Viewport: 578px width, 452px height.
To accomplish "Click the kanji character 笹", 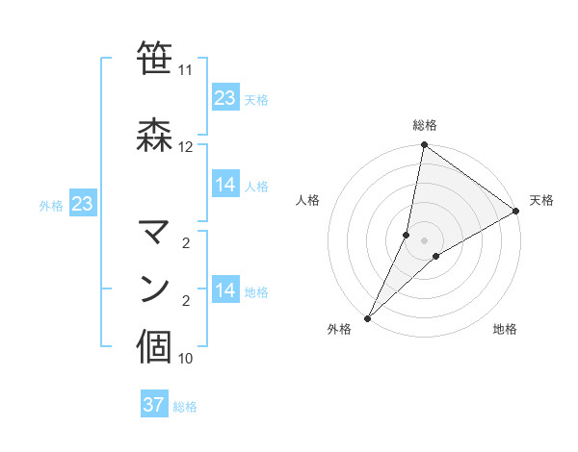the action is tap(156, 60).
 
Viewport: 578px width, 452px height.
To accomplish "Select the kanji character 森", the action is tap(156, 132).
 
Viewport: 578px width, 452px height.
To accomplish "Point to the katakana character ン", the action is tap(156, 289).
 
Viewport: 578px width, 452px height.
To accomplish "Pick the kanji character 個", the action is tap(156, 346).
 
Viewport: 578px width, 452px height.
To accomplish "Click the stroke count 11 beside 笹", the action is tap(185, 71).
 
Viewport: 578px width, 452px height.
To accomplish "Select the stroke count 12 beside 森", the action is tap(185, 147).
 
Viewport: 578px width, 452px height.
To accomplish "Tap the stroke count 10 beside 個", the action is tap(185, 359).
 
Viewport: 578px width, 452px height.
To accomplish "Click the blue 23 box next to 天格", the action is tap(225, 98).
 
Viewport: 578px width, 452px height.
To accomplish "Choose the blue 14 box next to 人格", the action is tap(225, 185).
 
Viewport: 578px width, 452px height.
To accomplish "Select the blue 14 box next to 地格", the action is tap(225, 290).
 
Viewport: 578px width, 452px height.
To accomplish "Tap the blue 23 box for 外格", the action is tap(82, 204).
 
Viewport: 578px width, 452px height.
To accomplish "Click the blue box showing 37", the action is tap(154, 405).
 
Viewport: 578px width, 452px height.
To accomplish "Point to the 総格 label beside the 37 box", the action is tap(185, 407).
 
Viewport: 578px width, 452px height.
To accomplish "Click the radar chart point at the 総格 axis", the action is tap(424, 145).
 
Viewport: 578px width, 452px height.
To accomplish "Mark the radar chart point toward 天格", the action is tap(516, 212).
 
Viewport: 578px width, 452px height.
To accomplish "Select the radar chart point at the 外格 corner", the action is tap(367, 318).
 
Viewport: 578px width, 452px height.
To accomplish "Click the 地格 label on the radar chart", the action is tap(505, 330).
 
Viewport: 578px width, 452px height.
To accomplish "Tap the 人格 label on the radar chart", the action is tap(308, 200).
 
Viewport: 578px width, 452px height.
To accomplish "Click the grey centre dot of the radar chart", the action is tap(424, 240).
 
